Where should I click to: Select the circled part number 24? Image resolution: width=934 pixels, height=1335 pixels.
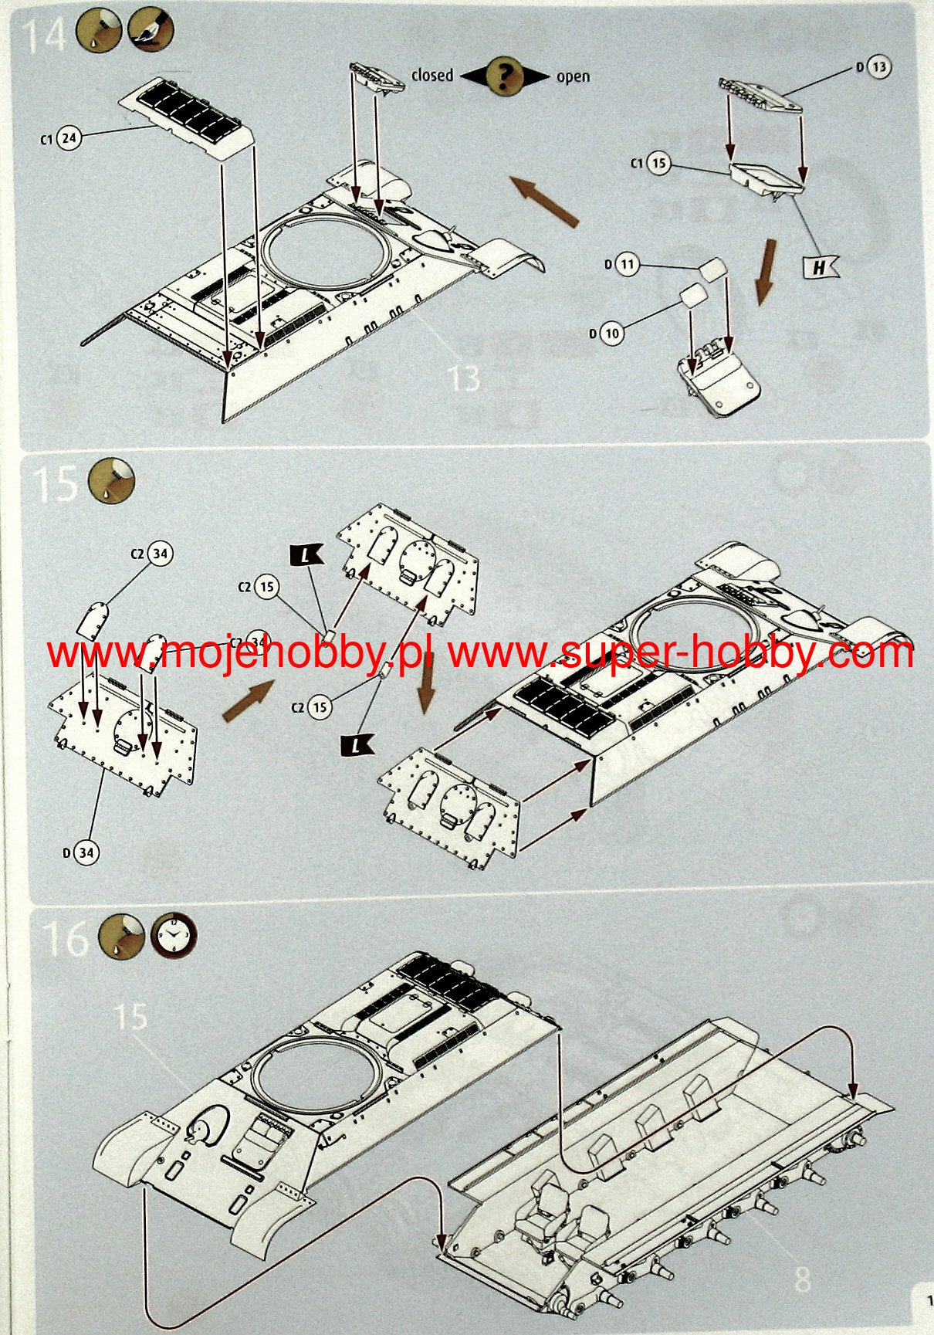click(69, 138)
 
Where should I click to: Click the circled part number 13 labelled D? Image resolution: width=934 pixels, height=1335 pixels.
click(879, 67)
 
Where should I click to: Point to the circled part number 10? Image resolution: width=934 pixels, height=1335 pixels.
click(612, 334)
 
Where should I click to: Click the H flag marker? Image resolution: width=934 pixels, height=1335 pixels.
click(820, 267)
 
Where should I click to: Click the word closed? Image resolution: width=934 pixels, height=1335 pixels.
click(432, 76)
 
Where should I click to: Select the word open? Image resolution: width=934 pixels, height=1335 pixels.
click(573, 76)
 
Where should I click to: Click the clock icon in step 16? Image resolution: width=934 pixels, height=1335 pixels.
click(174, 937)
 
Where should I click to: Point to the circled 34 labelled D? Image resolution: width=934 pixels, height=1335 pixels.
click(86, 852)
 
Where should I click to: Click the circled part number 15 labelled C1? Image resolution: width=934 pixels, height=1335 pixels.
click(658, 164)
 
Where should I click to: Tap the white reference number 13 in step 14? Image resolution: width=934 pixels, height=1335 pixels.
click(463, 379)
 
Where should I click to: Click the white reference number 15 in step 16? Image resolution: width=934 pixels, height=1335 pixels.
click(130, 1016)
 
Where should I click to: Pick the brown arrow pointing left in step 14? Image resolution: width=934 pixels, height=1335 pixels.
click(545, 201)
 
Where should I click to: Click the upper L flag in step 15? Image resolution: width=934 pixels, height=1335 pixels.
click(307, 554)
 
